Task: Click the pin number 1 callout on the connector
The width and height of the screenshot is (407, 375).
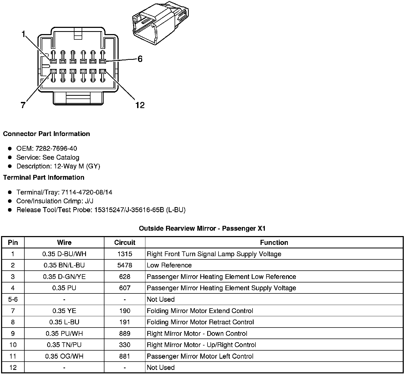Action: pyautogui.click(x=24, y=34)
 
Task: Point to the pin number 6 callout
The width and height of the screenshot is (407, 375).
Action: pyautogui.click(x=140, y=59)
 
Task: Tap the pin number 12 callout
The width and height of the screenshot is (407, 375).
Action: pyautogui.click(x=140, y=105)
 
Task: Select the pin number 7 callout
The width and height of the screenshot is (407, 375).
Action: pyautogui.click(x=23, y=105)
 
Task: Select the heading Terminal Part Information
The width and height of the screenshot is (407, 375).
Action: pyautogui.click(x=44, y=177)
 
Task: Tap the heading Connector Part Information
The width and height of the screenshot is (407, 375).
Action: pyautogui.click(x=46, y=134)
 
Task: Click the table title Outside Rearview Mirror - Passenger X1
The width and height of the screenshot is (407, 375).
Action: pyautogui.click(x=202, y=228)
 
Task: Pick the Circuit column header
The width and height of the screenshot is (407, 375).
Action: pyautogui.click(x=125, y=242)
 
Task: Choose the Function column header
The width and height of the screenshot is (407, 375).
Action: pyautogui.click(x=274, y=242)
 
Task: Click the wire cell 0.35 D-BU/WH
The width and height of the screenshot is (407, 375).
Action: pyautogui.click(x=64, y=254)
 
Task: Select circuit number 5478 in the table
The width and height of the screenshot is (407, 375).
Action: pyautogui.click(x=125, y=265)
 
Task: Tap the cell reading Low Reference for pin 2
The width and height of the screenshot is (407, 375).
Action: pyautogui.click(x=169, y=265)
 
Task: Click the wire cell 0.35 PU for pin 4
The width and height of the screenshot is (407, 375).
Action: pyautogui.click(x=64, y=288)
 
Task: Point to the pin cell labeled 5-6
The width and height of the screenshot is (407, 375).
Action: pyautogui.click(x=13, y=299)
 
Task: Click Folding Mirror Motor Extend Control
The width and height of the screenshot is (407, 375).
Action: pyautogui.click(x=200, y=311)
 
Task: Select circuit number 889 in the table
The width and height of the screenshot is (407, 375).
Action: pyautogui.click(x=125, y=333)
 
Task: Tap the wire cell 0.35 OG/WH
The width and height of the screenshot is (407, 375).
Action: pyautogui.click(x=64, y=356)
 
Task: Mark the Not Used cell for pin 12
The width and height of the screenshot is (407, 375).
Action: pyautogui.click(x=161, y=367)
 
